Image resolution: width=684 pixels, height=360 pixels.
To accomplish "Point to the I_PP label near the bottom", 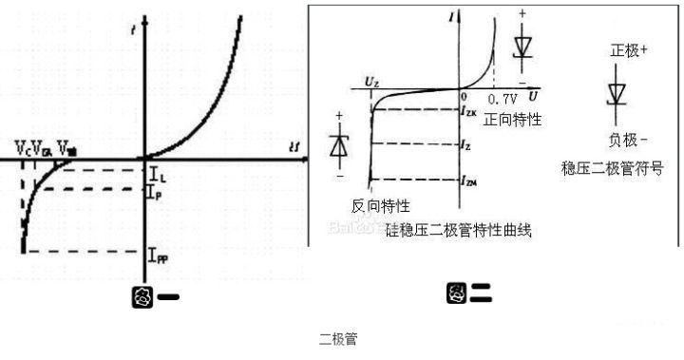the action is [161, 254].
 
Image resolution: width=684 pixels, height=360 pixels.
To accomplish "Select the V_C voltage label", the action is [21, 147].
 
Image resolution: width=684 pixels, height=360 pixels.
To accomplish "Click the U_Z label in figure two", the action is [372, 85].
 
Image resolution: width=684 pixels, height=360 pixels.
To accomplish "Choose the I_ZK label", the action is [469, 112].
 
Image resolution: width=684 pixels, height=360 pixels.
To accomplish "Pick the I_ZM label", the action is [469, 180].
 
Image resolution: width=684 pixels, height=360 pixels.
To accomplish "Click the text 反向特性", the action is [380, 206].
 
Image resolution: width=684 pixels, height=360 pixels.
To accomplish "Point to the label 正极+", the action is [629, 48].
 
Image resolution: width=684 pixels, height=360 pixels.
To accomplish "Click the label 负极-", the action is [628, 139].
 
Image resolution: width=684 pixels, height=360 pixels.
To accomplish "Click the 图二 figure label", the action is [468, 294].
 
